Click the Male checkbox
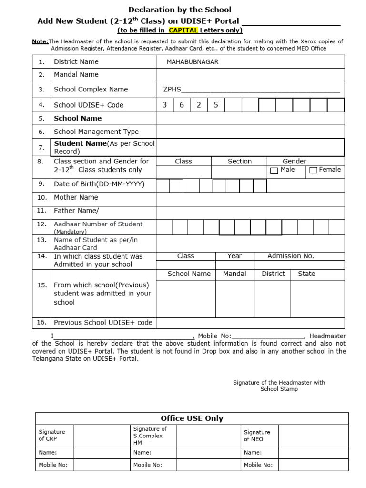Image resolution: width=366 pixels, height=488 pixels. coord(274,171)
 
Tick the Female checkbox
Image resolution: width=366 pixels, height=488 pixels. coord(313,171)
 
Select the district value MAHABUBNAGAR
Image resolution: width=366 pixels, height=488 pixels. coord(193,62)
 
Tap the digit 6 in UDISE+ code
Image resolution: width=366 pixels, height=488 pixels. coord(182,105)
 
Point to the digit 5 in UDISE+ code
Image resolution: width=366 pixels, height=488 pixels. coord(216,105)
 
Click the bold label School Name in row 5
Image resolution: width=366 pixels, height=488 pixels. coord(78,118)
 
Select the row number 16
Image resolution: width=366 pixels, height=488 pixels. coord(41,322)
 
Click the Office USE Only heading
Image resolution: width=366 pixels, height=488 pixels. coord(192,418)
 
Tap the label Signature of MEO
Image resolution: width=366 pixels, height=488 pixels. coord(257,436)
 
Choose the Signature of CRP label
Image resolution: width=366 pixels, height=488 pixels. coord(51,435)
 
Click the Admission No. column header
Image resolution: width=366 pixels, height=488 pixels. coord(291,256)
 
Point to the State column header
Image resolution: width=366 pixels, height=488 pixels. coord(306,274)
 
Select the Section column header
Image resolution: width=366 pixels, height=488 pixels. coord(239,161)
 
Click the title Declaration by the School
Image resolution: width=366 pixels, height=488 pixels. coord(180,10)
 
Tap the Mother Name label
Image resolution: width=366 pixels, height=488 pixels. coord(76,197)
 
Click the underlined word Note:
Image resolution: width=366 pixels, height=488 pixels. coord(40,41)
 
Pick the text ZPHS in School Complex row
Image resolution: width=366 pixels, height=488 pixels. coord(172,90)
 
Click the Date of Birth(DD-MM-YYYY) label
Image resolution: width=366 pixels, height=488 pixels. coord(99,184)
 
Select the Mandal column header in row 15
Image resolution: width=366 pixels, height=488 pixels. coord(234,274)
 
